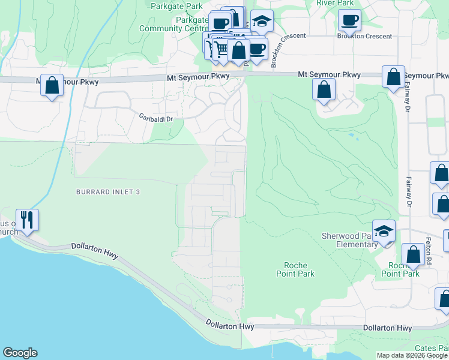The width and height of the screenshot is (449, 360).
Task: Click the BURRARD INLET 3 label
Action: point(108,191)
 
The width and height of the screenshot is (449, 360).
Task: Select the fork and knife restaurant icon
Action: point(27,220)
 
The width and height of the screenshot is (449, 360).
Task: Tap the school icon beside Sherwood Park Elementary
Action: point(384,231)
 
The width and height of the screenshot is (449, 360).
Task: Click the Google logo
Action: point(20,353)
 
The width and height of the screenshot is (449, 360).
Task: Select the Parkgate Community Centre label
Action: point(173,24)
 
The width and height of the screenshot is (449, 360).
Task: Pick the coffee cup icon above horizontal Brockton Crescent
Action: point(349,20)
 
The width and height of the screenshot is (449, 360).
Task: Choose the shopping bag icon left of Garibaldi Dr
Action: point(52,85)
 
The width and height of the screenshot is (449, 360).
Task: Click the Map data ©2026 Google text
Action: point(412,355)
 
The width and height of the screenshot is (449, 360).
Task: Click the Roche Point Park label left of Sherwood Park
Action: point(298,269)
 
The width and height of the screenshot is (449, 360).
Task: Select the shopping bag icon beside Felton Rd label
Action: point(413,254)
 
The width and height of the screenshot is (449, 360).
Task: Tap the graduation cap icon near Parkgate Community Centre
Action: point(262,22)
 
